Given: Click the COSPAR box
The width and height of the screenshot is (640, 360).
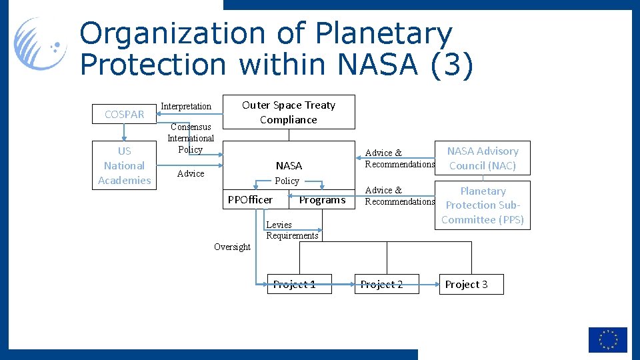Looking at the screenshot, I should coord(125,114).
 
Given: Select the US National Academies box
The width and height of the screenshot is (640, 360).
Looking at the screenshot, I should coord(125,166).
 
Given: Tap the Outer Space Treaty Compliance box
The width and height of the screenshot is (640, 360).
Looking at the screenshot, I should coord(288,112).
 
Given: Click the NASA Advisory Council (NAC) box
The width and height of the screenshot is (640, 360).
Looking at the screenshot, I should coord(482,158).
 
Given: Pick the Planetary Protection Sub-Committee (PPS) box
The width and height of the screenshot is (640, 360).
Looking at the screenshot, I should coord(482,205).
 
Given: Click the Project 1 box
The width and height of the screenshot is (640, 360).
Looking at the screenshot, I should coord(294,285).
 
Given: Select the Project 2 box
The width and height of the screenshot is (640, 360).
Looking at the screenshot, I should coord(386,285).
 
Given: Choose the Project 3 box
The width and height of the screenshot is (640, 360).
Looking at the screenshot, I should coord(471,285).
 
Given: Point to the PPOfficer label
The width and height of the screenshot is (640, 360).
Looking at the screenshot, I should coord(250,200).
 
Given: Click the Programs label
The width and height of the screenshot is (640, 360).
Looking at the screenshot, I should coord(322,200).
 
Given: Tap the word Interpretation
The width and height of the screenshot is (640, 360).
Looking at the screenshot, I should coord(186,107).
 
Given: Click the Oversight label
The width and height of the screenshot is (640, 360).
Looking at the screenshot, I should coord(232,247).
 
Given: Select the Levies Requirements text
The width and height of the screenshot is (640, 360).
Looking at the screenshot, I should coord(292,230).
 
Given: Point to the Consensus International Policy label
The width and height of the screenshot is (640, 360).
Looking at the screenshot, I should coord(191,138).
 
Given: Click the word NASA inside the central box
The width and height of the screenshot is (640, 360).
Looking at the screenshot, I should coord(289,165).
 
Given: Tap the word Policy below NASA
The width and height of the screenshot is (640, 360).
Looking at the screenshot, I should coord(287,181).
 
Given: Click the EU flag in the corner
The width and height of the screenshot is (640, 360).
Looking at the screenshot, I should coord(607,340).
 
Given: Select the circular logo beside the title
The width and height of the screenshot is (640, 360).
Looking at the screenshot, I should coord(41,44).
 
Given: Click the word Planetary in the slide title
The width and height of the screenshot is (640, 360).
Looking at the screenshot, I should coord(383,33).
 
